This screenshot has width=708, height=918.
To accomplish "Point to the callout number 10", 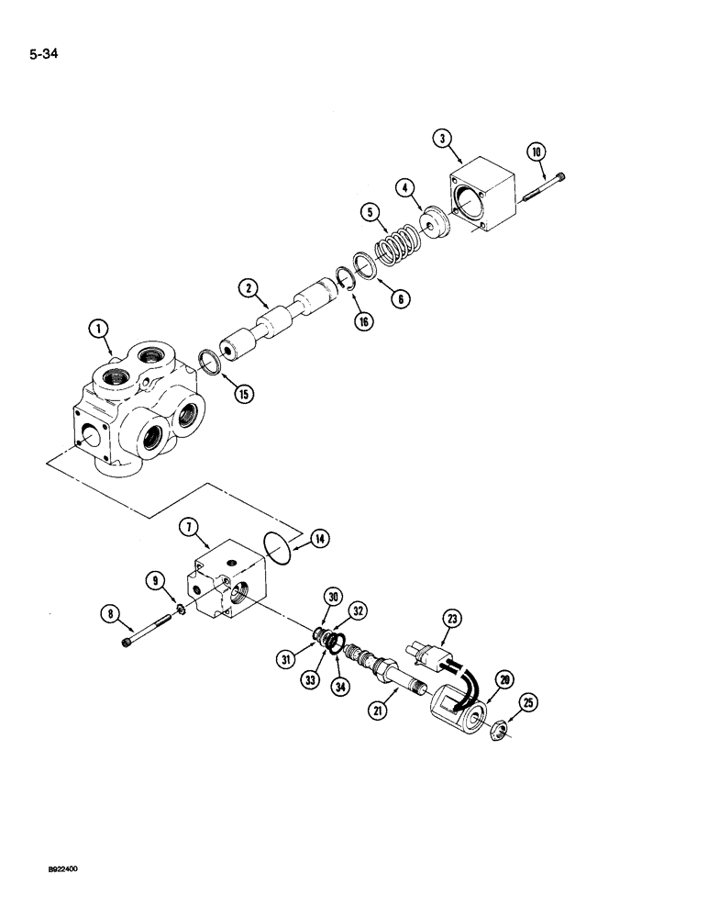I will pos(538,151).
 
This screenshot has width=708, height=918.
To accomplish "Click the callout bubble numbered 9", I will pos(157,580).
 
